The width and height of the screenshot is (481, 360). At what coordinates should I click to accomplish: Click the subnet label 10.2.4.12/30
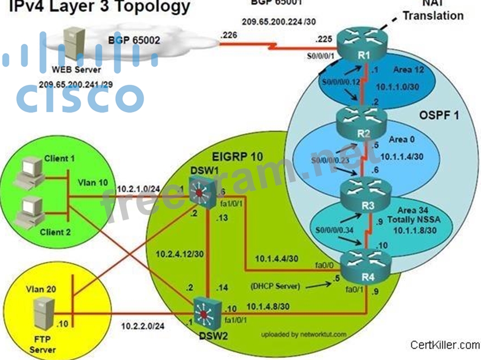181,254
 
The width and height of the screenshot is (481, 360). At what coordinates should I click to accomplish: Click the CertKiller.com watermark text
445,344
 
